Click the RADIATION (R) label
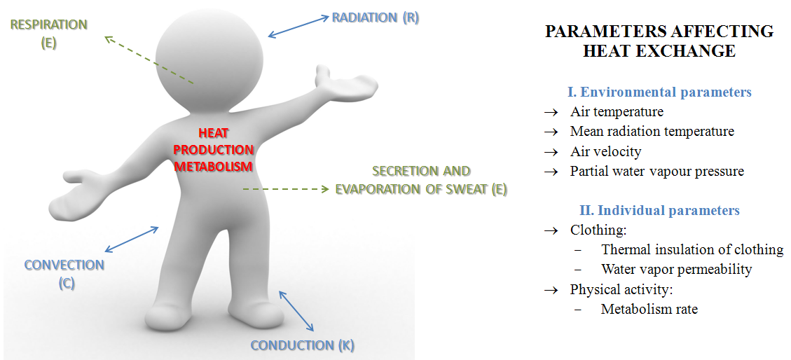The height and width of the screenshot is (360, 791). point(375,18)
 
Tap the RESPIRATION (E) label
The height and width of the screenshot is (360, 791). point(48,33)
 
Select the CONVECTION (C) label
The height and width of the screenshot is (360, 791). point(64,273)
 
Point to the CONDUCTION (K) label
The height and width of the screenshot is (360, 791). point(302,345)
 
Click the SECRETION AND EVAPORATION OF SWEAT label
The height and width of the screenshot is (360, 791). point(421,180)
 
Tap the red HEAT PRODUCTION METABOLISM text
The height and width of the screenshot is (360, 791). point(214,149)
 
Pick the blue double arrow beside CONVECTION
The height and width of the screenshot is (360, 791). point(132,239)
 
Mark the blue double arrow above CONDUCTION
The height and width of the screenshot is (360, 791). point(296,310)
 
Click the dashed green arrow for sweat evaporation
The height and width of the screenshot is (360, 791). point(286,189)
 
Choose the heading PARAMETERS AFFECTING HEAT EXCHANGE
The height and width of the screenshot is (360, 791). point(659,41)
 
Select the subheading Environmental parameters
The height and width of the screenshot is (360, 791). point(659,92)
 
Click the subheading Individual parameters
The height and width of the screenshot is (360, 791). point(659,210)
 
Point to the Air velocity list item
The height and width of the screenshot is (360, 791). point(605,151)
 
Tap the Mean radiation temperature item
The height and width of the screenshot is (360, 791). point(652,132)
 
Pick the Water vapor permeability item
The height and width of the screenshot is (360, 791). point(676,269)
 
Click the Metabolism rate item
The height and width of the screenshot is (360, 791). point(649,309)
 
